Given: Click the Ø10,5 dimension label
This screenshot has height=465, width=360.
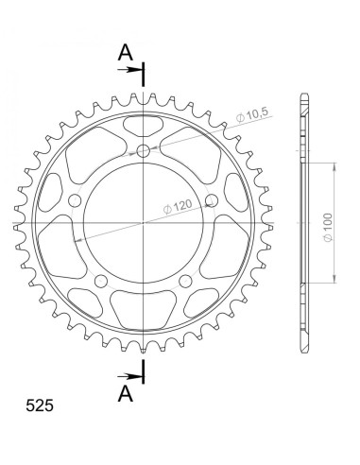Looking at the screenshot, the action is [x=252, y=115].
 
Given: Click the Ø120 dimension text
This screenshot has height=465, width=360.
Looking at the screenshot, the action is [x=178, y=207].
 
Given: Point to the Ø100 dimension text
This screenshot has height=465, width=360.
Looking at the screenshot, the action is [x=328, y=228].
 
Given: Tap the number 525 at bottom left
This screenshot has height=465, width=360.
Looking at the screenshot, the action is [x=40, y=405].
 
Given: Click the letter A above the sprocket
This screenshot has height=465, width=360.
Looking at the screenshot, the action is [x=126, y=52].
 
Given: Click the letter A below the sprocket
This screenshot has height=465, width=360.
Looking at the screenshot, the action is [x=126, y=393].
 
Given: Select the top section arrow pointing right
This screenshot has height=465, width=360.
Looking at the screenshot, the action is [x=129, y=70].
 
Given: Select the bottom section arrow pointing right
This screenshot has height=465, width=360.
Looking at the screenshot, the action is [x=129, y=376].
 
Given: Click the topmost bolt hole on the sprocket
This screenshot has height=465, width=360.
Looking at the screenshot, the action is [x=144, y=151].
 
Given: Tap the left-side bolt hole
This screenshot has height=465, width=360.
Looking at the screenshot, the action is [x=75, y=200].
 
